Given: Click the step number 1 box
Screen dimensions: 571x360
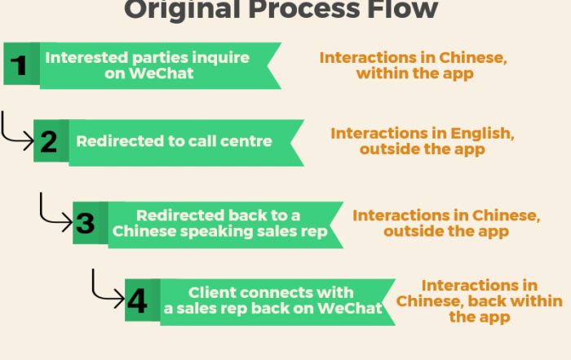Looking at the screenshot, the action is pyautogui.click(x=21, y=64).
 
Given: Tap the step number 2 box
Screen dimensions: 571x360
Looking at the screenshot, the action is pyautogui.click(x=51, y=140).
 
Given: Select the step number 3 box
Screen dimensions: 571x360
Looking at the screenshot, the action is pyautogui.click(x=91, y=223).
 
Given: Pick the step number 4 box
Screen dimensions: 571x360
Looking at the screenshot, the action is pyautogui.click(x=143, y=300).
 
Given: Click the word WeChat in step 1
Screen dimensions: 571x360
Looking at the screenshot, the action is pyautogui.click(x=161, y=73).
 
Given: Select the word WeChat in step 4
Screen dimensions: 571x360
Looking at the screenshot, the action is pyautogui.click(x=349, y=309).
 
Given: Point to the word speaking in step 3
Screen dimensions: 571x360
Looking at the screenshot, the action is pyautogui.click(x=215, y=232).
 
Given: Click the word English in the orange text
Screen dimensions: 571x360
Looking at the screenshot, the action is pyautogui.click(x=483, y=134).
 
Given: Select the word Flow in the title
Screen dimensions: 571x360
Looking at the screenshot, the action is pyautogui.click(x=402, y=10).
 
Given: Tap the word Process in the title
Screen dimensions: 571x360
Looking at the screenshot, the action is pyautogui.click(x=305, y=10).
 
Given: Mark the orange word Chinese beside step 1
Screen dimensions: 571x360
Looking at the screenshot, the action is pyautogui.click(x=473, y=58).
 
